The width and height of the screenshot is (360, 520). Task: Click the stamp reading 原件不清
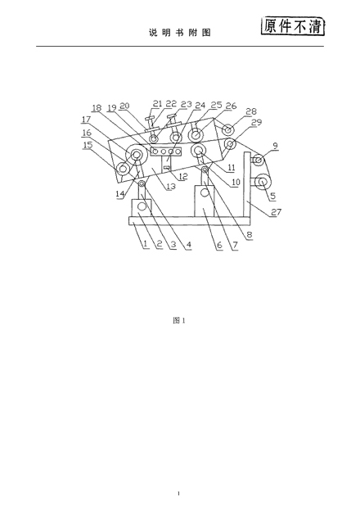coord(293,26)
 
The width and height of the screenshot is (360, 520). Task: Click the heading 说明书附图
coord(180,33)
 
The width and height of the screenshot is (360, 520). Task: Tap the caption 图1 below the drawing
coord(179,320)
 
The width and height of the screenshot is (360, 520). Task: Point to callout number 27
coord(276,211)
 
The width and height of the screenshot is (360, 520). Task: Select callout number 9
coord(276,145)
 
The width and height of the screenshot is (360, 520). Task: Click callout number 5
coord(272,196)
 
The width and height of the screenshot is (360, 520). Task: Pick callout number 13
coord(171,187)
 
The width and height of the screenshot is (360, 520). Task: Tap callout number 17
coord(86,120)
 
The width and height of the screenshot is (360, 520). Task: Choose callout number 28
coord(252,111)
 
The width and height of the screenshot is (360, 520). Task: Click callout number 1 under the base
coord(145,244)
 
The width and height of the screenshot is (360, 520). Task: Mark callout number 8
coord(250,235)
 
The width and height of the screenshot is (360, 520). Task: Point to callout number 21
coord(157,103)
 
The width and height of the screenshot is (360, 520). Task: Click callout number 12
coord(183,176)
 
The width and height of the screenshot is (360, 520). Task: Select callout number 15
coord(88,145)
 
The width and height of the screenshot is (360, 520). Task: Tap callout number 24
coord(200,106)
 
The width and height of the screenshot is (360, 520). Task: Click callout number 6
coord(219,245)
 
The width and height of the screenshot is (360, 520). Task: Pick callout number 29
coord(257,122)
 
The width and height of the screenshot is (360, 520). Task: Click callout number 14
coord(120,194)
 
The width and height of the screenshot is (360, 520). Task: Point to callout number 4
coord(188,245)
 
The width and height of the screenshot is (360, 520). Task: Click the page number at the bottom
coord(178,493)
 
